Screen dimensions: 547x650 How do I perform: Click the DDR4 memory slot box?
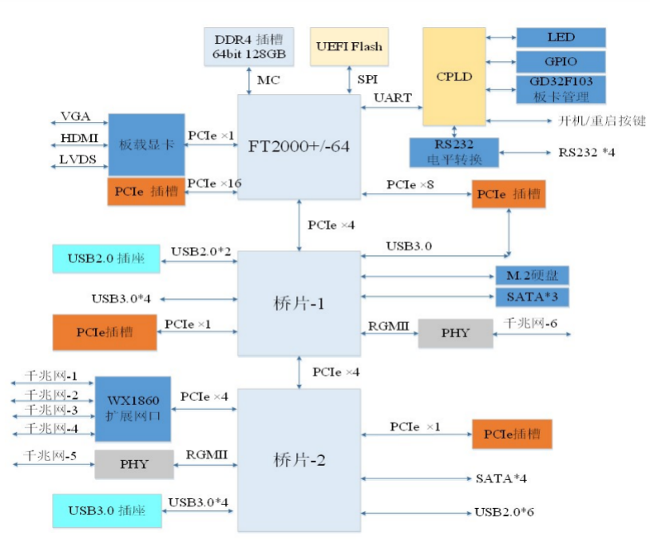(x=249, y=46)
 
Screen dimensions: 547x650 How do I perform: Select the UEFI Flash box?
(x=349, y=45)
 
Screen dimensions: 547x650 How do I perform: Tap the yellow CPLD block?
(x=454, y=77)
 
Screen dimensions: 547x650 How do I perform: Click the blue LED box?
(x=561, y=37)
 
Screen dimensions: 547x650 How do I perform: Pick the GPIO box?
(x=561, y=61)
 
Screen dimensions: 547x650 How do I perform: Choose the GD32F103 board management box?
(x=561, y=89)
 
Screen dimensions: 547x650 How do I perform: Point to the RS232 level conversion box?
(x=454, y=152)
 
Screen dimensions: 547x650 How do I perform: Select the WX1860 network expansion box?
(x=133, y=408)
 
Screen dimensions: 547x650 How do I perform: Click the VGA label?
(x=75, y=117)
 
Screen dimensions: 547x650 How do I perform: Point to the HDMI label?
(x=79, y=138)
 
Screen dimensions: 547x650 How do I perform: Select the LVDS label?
(x=77, y=159)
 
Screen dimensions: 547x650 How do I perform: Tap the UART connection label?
(x=393, y=98)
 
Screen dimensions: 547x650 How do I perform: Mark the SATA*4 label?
(x=501, y=478)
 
